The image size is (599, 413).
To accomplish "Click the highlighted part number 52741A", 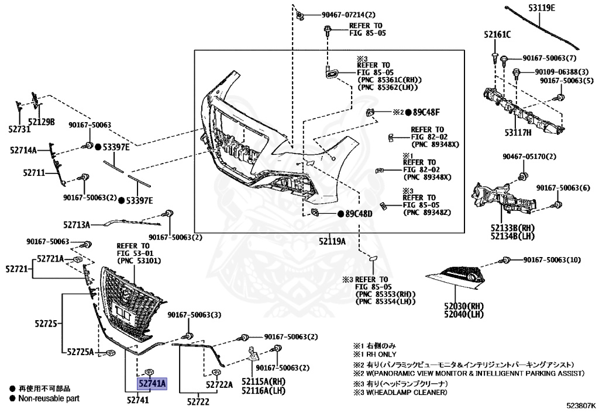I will click(152, 383).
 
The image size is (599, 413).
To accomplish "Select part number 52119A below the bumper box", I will click(332, 241).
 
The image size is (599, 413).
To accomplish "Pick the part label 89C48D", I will click(359, 214).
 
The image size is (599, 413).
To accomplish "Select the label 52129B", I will click(42, 122).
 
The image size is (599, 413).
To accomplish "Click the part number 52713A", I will click(77, 224).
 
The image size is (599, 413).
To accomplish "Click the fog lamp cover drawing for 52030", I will click(459, 277).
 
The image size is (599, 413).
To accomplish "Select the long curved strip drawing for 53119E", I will click(541, 30).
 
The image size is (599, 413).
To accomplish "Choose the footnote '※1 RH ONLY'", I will click(375, 354).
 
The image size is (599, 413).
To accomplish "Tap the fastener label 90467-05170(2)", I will click(529, 157).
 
